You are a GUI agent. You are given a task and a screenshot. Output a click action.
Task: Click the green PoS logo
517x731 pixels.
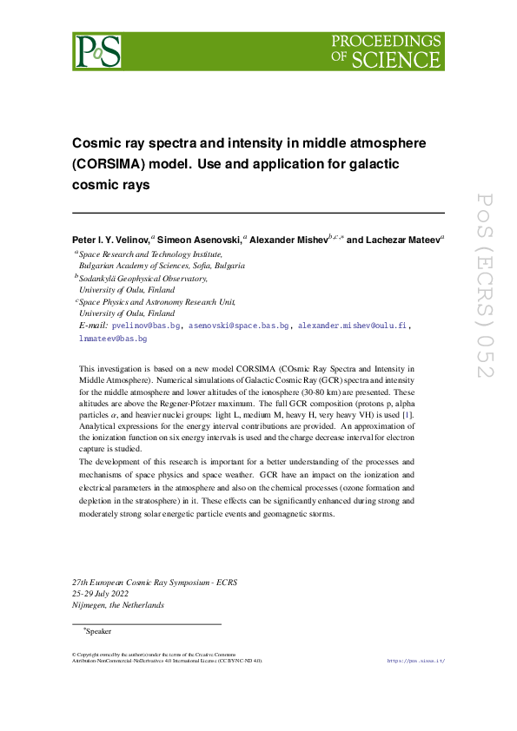click(x=96, y=52)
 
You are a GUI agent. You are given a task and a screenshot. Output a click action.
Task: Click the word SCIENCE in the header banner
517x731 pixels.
click(x=398, y=59)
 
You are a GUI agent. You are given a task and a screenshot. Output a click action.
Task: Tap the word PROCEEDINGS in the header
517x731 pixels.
click(x=386, y=41)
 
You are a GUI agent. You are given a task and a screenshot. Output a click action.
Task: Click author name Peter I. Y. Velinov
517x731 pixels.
click(x=110, y=238)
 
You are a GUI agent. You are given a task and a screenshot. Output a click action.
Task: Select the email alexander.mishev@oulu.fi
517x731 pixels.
click(x=352, y=326)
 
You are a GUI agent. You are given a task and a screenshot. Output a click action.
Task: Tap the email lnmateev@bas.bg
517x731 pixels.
click(x=112, y=339)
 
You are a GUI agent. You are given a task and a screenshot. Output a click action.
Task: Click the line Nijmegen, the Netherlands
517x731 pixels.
click(x=118, y=606)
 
